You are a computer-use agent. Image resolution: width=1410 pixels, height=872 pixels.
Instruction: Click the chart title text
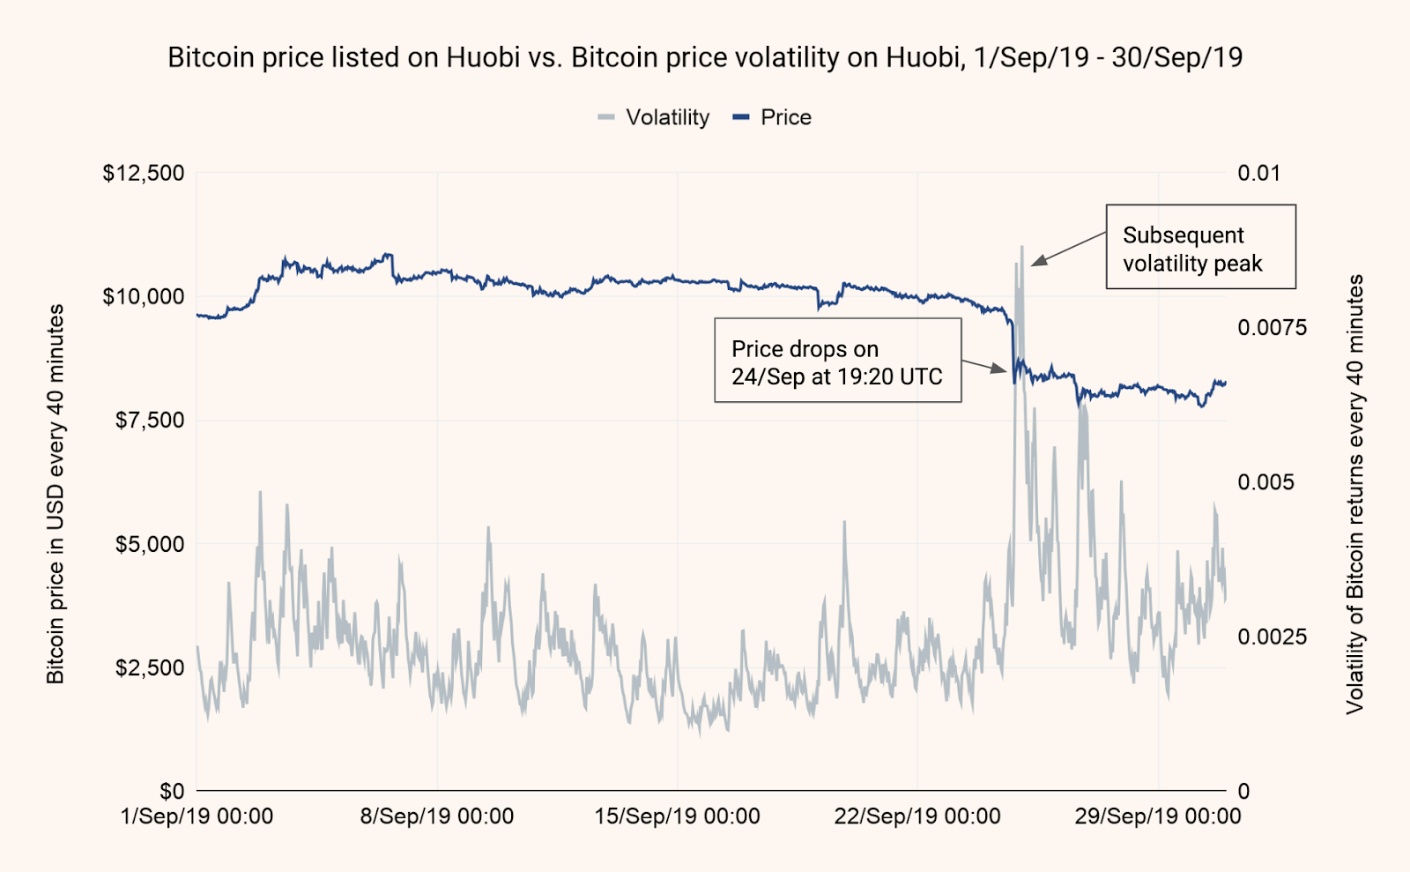[705, 57]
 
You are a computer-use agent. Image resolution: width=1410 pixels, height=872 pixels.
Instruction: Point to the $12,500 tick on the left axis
[144, 173]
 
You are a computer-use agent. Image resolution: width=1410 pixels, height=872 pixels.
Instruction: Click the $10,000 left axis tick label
[144, 296]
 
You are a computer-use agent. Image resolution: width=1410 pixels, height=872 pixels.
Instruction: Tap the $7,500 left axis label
[150, 420]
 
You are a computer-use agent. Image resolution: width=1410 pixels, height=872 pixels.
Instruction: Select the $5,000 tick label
[150, 544]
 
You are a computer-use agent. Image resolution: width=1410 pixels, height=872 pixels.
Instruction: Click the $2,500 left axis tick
[150, 667]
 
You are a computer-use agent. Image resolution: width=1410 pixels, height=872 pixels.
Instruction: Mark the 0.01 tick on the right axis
[1258, 173]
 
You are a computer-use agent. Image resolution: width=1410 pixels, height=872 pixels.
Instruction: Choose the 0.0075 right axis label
[1272, 328]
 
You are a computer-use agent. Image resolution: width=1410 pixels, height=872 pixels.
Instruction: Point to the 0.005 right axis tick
[1265, 482]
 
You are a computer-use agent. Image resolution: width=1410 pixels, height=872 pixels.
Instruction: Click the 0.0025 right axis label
[1272, 637]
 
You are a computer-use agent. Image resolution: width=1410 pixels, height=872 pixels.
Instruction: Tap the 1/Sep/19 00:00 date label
[197, 816]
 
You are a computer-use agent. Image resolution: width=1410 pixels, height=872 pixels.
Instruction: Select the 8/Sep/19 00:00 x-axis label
[437, 816]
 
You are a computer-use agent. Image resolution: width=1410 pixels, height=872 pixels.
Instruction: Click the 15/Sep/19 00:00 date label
[677, 816]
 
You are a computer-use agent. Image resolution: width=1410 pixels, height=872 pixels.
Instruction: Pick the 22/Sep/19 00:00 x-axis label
[917, 816]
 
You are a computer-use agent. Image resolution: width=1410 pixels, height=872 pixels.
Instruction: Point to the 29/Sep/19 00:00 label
[1157, 816]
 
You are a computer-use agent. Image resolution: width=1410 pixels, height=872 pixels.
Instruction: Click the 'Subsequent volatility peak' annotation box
[1200, 248]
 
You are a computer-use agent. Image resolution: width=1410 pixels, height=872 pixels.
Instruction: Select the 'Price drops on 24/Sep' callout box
[837, 361]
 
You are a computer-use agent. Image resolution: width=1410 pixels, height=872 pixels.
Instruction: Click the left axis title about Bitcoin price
[56, 494]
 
